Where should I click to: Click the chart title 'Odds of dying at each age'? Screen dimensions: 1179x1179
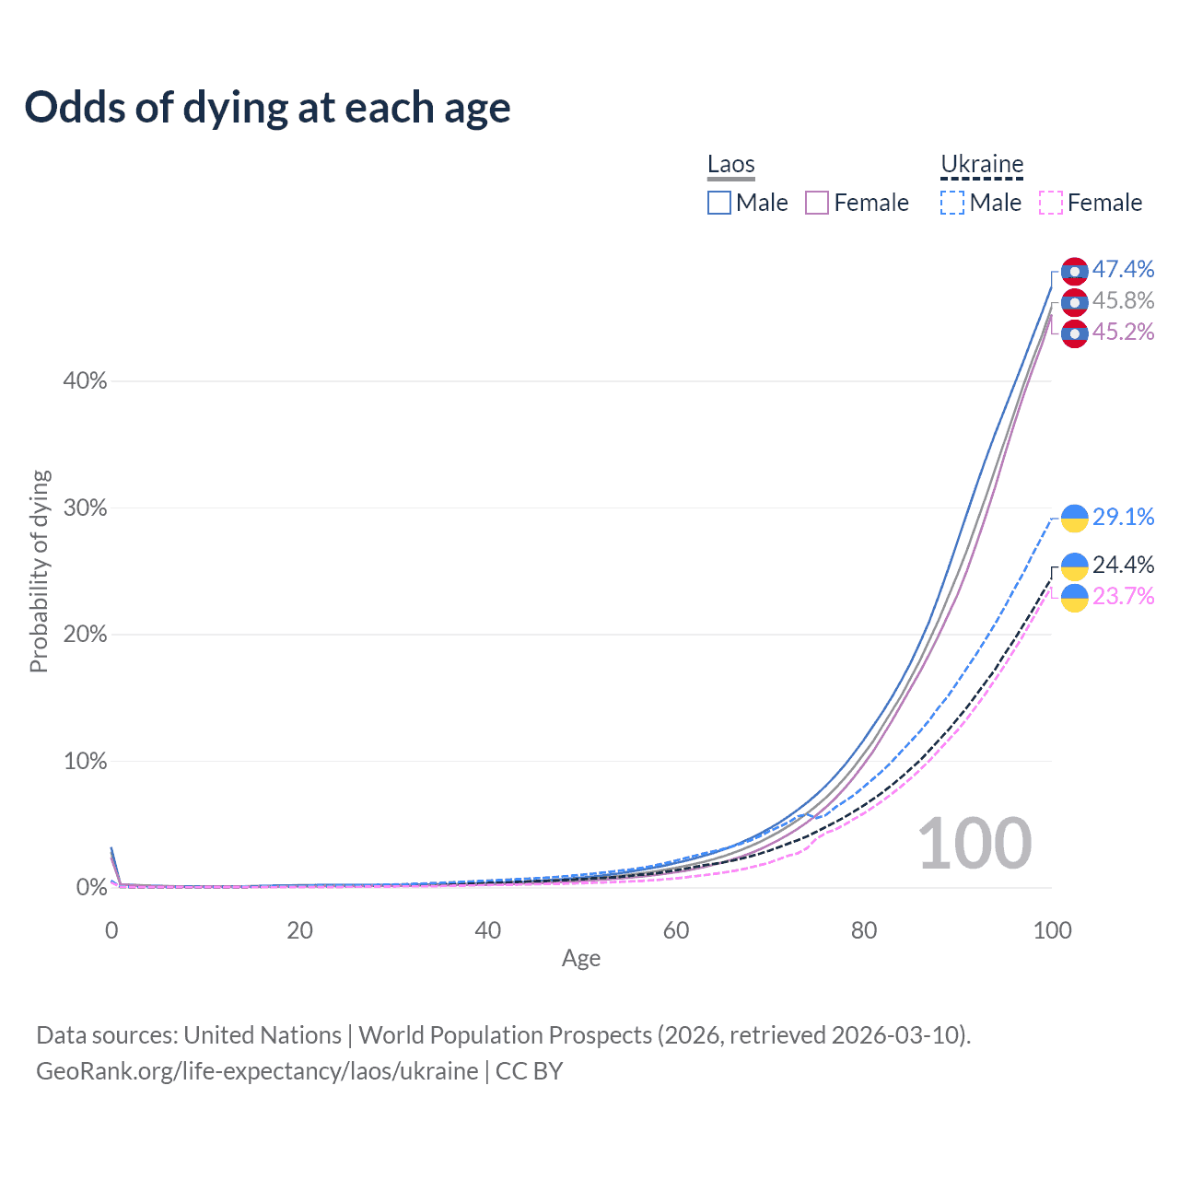click(x=267, y=108)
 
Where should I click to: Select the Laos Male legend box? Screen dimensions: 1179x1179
click(x=719, y=203)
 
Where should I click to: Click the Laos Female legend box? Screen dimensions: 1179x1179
click(x=817, y=203)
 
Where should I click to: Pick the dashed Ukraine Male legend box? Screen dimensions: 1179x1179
click(x=952, y=203)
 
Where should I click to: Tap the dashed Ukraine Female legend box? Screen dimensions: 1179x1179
click(x=1051, y=203)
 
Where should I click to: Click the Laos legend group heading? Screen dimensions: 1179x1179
click(x=731, y=165)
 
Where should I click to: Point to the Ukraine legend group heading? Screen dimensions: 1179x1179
click(x=982, y=165)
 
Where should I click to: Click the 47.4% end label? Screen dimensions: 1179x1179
click(x=1123, y=269)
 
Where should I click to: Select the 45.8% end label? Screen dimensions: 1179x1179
click(x=1123, y=300)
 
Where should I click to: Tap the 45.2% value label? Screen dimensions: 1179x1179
click(x=1123, y=332)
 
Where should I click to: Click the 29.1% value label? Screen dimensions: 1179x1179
click(x=1123, y=517)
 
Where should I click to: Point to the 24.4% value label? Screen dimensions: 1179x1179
click(x=1123, y=565)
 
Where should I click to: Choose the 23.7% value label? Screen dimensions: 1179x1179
click(x=1123, y=596)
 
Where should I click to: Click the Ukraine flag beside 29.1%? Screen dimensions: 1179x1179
click(x=1075, y=519)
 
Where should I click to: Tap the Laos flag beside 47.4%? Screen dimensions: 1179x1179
click(x=1075, y=272)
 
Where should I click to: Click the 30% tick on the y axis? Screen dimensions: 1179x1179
click(x=85, y=508)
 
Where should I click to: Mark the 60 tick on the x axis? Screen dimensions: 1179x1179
click(x=676, y=930)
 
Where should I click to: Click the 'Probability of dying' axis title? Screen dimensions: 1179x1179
click(x=39, y=571)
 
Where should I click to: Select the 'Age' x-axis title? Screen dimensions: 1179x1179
click(x=581, y=958)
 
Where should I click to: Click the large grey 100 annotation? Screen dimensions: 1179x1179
click(x=975, y=844)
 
